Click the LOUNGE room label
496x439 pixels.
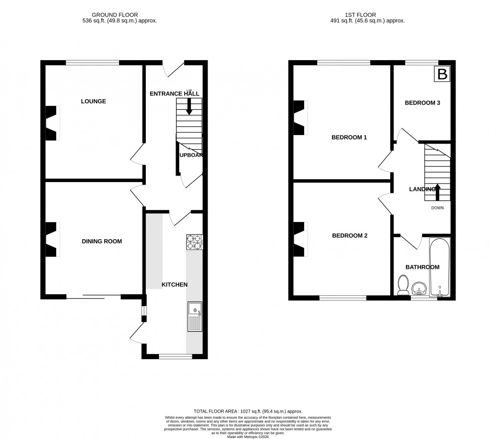point(93,102)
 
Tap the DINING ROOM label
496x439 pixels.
point(102,242)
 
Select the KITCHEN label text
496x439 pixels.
point(174,285)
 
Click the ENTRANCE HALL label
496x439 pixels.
point(174,94)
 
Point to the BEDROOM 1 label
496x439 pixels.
point(349,138)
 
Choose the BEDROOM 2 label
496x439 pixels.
point(349,236)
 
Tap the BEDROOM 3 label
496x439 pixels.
point(422,103)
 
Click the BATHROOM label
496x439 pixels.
point(422,267)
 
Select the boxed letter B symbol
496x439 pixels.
point(442,75)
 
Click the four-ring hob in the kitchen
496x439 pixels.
point(194,242)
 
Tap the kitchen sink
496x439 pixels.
point(194,317)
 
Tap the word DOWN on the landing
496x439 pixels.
point(438,208)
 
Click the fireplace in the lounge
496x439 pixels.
point(52,123)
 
